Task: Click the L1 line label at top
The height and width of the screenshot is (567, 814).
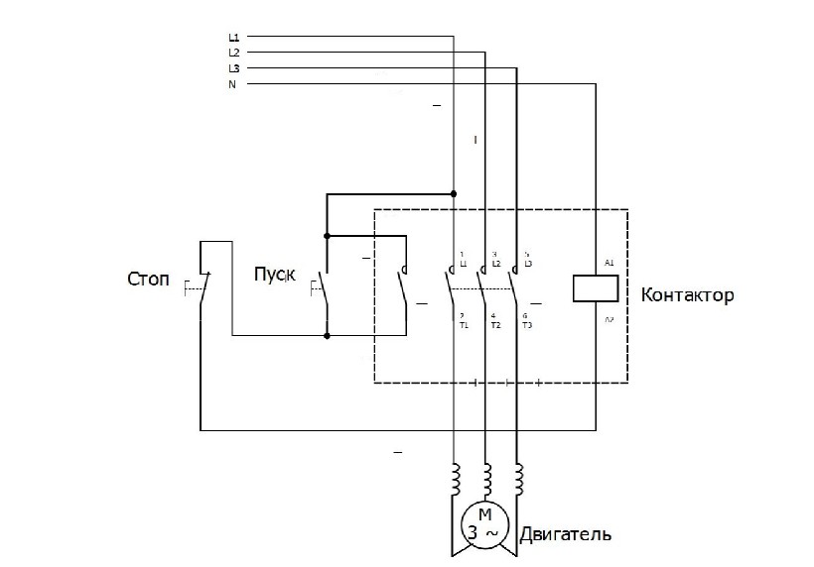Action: (233, 38)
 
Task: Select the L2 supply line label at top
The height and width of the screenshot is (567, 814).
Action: (233, 53)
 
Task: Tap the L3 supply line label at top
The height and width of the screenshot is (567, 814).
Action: (233, 68)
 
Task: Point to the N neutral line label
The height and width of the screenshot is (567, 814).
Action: (232, 84)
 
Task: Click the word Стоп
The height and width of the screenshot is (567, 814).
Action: (149, 280)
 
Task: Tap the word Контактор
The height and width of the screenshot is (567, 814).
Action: (687, 295)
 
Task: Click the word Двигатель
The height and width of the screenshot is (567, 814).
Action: (563, 535)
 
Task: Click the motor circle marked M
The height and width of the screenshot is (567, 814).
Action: (484, 523)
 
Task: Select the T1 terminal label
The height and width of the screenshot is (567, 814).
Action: (463, 325)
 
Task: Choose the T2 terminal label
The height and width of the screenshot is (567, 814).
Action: (494, 325)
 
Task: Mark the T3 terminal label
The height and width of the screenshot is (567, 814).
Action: (526, 325)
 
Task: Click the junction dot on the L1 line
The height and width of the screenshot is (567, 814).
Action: (454, 193)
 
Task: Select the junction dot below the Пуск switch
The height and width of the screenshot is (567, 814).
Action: (327, 336)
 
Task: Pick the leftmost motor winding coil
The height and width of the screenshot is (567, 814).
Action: (455, 479)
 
